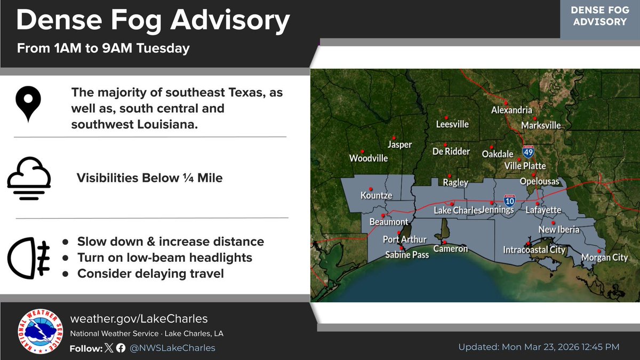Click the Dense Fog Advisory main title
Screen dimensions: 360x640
[153, 22]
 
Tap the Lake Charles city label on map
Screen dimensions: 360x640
[457, 211]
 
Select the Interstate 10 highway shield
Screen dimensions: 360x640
[510, 201]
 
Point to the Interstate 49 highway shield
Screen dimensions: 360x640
[528, 152]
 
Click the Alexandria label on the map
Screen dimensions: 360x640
[511, 110]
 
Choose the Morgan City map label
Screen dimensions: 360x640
[604, 258]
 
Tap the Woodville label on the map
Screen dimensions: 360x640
[369, 158]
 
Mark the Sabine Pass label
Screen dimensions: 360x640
[407, 255]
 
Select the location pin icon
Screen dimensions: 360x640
[29, 103]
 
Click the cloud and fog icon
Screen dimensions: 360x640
[29, 178]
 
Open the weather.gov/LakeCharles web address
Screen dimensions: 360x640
[139, 319]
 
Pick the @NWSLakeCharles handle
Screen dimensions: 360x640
[173, 348]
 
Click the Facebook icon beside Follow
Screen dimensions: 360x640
[121, 348]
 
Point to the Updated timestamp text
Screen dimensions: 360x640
[539, 347]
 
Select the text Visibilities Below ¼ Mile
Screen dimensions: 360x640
[150, 178]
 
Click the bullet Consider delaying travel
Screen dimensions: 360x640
[150, 274]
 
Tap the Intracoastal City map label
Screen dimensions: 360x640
[534, 250]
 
